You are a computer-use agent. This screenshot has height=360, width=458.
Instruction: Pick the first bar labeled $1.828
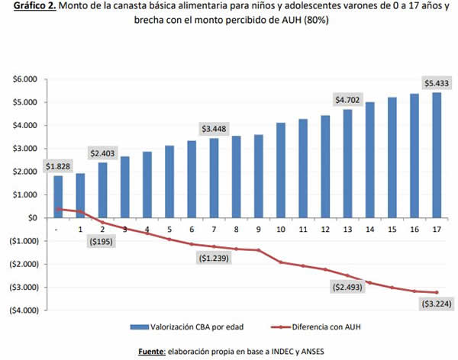click(x=58, y=197)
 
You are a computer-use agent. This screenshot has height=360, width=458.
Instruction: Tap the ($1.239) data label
click(x=214, y=259)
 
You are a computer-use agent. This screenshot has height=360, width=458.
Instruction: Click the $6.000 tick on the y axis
click(x=26, y=79)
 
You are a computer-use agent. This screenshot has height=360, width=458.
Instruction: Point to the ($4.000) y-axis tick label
click(x=23, y=310)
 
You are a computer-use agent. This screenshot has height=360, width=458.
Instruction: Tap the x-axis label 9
click(x=260, y=228)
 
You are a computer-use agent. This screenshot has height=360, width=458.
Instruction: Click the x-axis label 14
click(x=370, y=228)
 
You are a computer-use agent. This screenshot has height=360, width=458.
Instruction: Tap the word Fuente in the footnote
click(x=153, y=349)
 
